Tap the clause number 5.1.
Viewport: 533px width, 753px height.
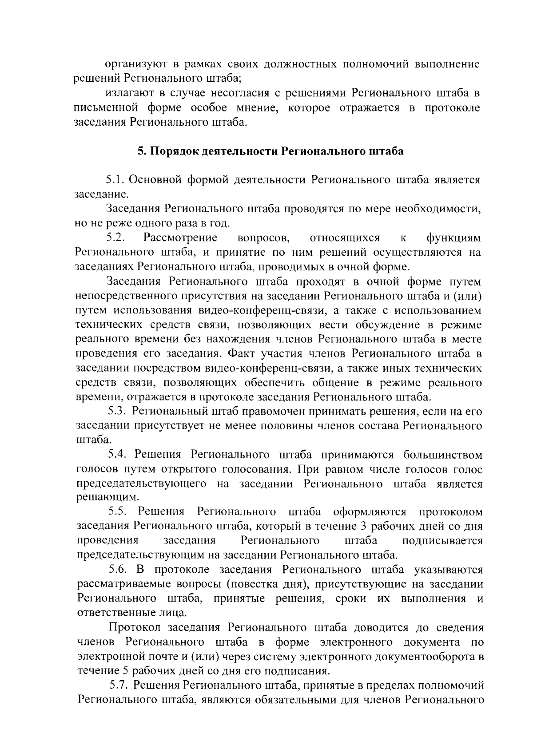coord(117,180)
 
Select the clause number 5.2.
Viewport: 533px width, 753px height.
coord(117,238)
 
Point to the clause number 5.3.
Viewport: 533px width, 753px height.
coord(118,412)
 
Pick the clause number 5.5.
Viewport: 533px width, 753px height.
coord(119,512)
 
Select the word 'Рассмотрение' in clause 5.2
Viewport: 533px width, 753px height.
coord(180,238)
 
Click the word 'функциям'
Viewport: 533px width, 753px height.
coord(453,238)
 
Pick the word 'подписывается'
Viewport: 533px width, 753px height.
coord(442,541)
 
